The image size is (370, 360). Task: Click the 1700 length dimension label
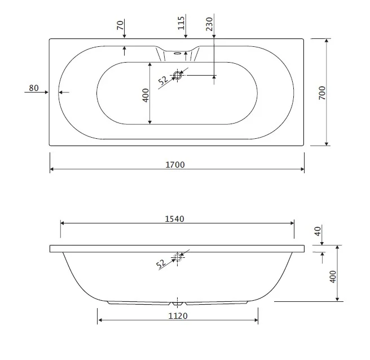[175, 165]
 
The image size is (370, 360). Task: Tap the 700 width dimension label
[322, 93]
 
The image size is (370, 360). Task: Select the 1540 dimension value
[174, 219]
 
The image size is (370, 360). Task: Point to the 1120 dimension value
[178, 316]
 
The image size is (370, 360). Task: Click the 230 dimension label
[209, 24]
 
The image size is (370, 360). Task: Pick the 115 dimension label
[181, 23]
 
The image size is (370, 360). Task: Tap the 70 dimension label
[120, 25]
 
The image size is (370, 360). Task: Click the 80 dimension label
[34, 88]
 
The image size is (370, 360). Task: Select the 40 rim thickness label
[318, 231]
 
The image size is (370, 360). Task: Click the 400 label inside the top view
[146, 95]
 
